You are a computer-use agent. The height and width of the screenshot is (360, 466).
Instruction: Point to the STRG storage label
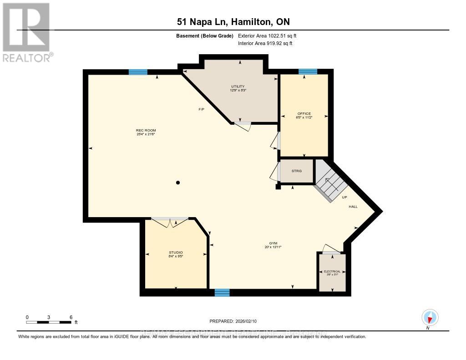point(297,172)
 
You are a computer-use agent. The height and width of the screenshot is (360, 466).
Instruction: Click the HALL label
point(353,207)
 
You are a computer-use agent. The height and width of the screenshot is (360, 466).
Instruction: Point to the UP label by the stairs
point(344,198)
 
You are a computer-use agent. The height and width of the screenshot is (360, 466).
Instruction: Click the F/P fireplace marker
point(201,109)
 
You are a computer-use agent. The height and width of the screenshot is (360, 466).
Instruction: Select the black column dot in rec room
point(178,183)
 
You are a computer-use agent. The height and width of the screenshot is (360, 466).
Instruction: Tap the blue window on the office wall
point(308,71)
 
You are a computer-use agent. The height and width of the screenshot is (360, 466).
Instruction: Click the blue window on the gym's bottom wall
point(222,293)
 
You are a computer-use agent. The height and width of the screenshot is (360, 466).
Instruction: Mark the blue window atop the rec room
point(138,71)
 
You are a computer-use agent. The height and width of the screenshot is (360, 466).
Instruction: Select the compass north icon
point(430,317)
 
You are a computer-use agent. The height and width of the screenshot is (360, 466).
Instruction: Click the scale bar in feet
point(49,322)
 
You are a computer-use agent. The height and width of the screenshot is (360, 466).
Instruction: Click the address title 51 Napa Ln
point(233,22)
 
